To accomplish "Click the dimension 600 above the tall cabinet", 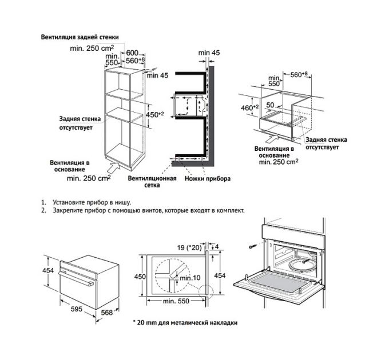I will [x=133, y=52].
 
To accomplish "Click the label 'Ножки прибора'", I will [x=208, y=179].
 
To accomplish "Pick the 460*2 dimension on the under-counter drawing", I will [x=248, y=107].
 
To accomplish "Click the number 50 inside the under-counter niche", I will [x=269, y=106].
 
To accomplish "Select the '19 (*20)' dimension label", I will [x=189, y=247].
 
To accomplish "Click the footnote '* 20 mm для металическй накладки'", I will [x=185, y=323].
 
